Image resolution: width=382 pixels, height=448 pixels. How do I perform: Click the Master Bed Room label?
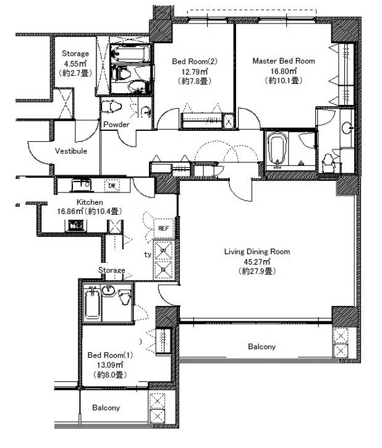coord(284,61)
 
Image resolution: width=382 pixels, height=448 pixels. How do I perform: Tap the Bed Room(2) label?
coord(195,61)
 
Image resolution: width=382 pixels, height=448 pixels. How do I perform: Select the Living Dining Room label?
coord(257,251)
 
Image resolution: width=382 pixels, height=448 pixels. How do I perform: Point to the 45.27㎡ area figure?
coord(257,261)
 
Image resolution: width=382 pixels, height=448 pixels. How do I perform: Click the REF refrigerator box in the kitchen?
coord(163,228)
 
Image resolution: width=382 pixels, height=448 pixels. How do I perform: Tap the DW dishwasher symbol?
coord(112,186)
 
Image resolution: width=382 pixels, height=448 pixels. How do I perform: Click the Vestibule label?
coord(71,151)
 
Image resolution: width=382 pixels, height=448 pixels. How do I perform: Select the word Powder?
coord(116,124)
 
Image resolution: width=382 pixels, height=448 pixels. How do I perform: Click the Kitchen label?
coord(90,202)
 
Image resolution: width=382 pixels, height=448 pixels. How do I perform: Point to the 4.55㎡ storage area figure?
coord(75,63)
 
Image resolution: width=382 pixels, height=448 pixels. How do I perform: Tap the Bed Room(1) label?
coord(110,355)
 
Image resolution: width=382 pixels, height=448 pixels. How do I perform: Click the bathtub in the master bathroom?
coord(277,149)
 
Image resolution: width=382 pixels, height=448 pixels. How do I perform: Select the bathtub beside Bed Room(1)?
coord(92,304)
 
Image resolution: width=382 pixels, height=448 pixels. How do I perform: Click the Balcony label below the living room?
coord(261,347)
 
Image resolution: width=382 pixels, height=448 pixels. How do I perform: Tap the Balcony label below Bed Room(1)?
coord(106,407)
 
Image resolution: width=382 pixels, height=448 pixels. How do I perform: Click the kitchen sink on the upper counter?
coord(81,185)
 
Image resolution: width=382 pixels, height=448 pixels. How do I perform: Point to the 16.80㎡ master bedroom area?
coord(284,70)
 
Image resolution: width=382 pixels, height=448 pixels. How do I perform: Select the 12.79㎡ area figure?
coord(195,71)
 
